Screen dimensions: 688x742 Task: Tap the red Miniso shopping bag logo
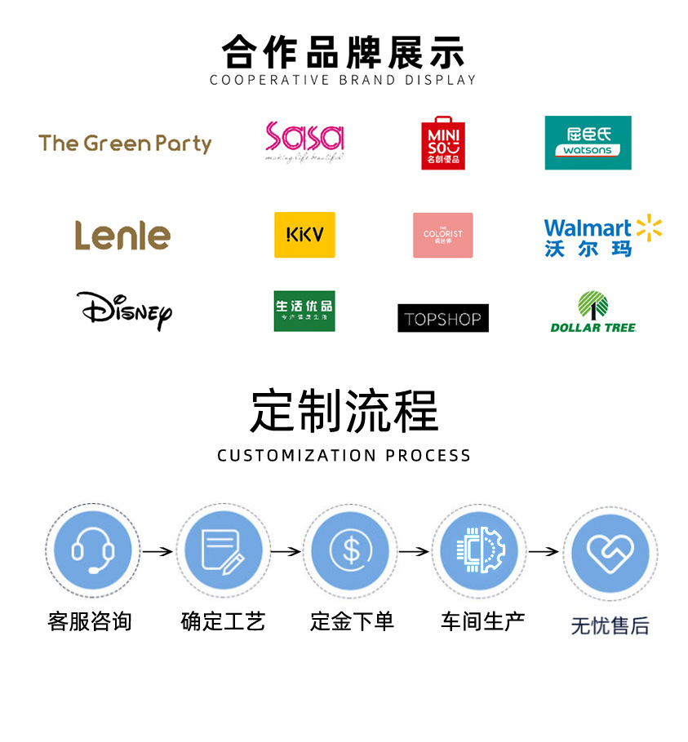443,143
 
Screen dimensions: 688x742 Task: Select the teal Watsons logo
588,143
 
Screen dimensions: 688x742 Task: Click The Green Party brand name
125,144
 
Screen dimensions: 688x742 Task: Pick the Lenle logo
122,235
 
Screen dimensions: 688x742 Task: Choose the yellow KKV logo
304,235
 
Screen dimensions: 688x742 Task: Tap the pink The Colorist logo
442,235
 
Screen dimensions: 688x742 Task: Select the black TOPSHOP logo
442,318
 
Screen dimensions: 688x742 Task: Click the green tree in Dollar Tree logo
593,305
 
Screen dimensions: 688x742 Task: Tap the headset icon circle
91,551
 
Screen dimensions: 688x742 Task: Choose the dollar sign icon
351,551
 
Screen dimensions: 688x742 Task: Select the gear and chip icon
480,551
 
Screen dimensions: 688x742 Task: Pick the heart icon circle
609,554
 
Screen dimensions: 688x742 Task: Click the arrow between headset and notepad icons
158,552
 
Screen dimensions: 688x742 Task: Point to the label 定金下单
352,621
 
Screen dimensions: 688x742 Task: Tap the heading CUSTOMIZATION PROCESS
344,455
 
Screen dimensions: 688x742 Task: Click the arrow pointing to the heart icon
544,552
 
